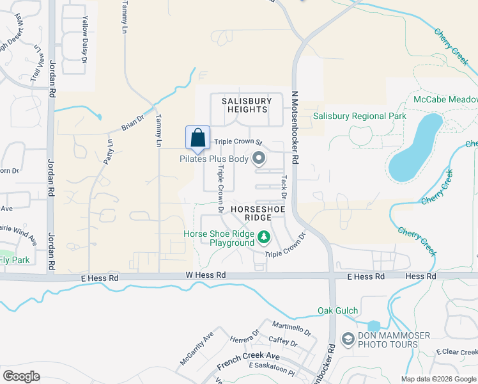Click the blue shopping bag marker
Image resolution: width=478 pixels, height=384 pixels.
pyautogui.click(x=197, y=137)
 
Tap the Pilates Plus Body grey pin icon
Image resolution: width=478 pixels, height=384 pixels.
pyautogui.click(x=259, y=157)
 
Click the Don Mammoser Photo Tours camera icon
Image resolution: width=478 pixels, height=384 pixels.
pyautogui.click(x=348, y=339)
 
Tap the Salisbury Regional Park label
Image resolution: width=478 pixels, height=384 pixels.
pyautogui.click(x=360, y=116)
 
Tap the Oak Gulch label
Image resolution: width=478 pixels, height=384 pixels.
pyautogui.click(x=337, y=311)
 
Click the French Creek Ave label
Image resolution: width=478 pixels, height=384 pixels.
pyautogui.click(x=249, y=360)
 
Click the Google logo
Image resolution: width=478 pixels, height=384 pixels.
pyautogui.click(x=22, y=376)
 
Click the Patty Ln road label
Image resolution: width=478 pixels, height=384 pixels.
pyautogui.click(x=109, y=150)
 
